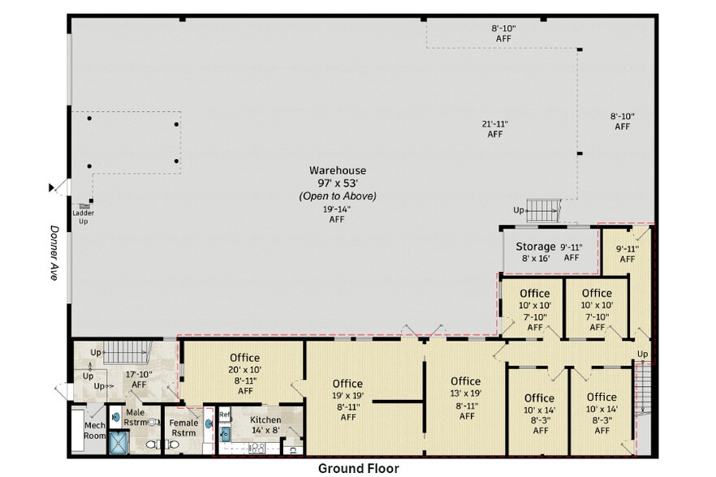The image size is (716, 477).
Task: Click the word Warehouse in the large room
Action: coord(337,170)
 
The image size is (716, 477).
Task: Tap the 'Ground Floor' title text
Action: coord(358,468)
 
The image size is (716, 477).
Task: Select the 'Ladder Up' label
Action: coord(84,217)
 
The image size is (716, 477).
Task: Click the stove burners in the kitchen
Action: coord(258,447)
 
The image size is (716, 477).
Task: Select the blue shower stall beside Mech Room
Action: coord(120,443)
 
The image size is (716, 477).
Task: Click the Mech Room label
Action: coord(94,431)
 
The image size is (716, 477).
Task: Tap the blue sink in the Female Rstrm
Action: coord(207,423)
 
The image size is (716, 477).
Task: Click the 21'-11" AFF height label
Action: coord(494,129)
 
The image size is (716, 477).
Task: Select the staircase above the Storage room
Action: coord(543,210)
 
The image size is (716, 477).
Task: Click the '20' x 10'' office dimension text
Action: coord(244,369)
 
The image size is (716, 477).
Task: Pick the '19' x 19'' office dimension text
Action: coord(347,396)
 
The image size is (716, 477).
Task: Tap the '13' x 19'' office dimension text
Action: coord(466,393)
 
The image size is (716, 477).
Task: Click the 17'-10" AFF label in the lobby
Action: coord(139,379)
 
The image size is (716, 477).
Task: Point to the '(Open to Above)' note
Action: coord(337,196)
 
